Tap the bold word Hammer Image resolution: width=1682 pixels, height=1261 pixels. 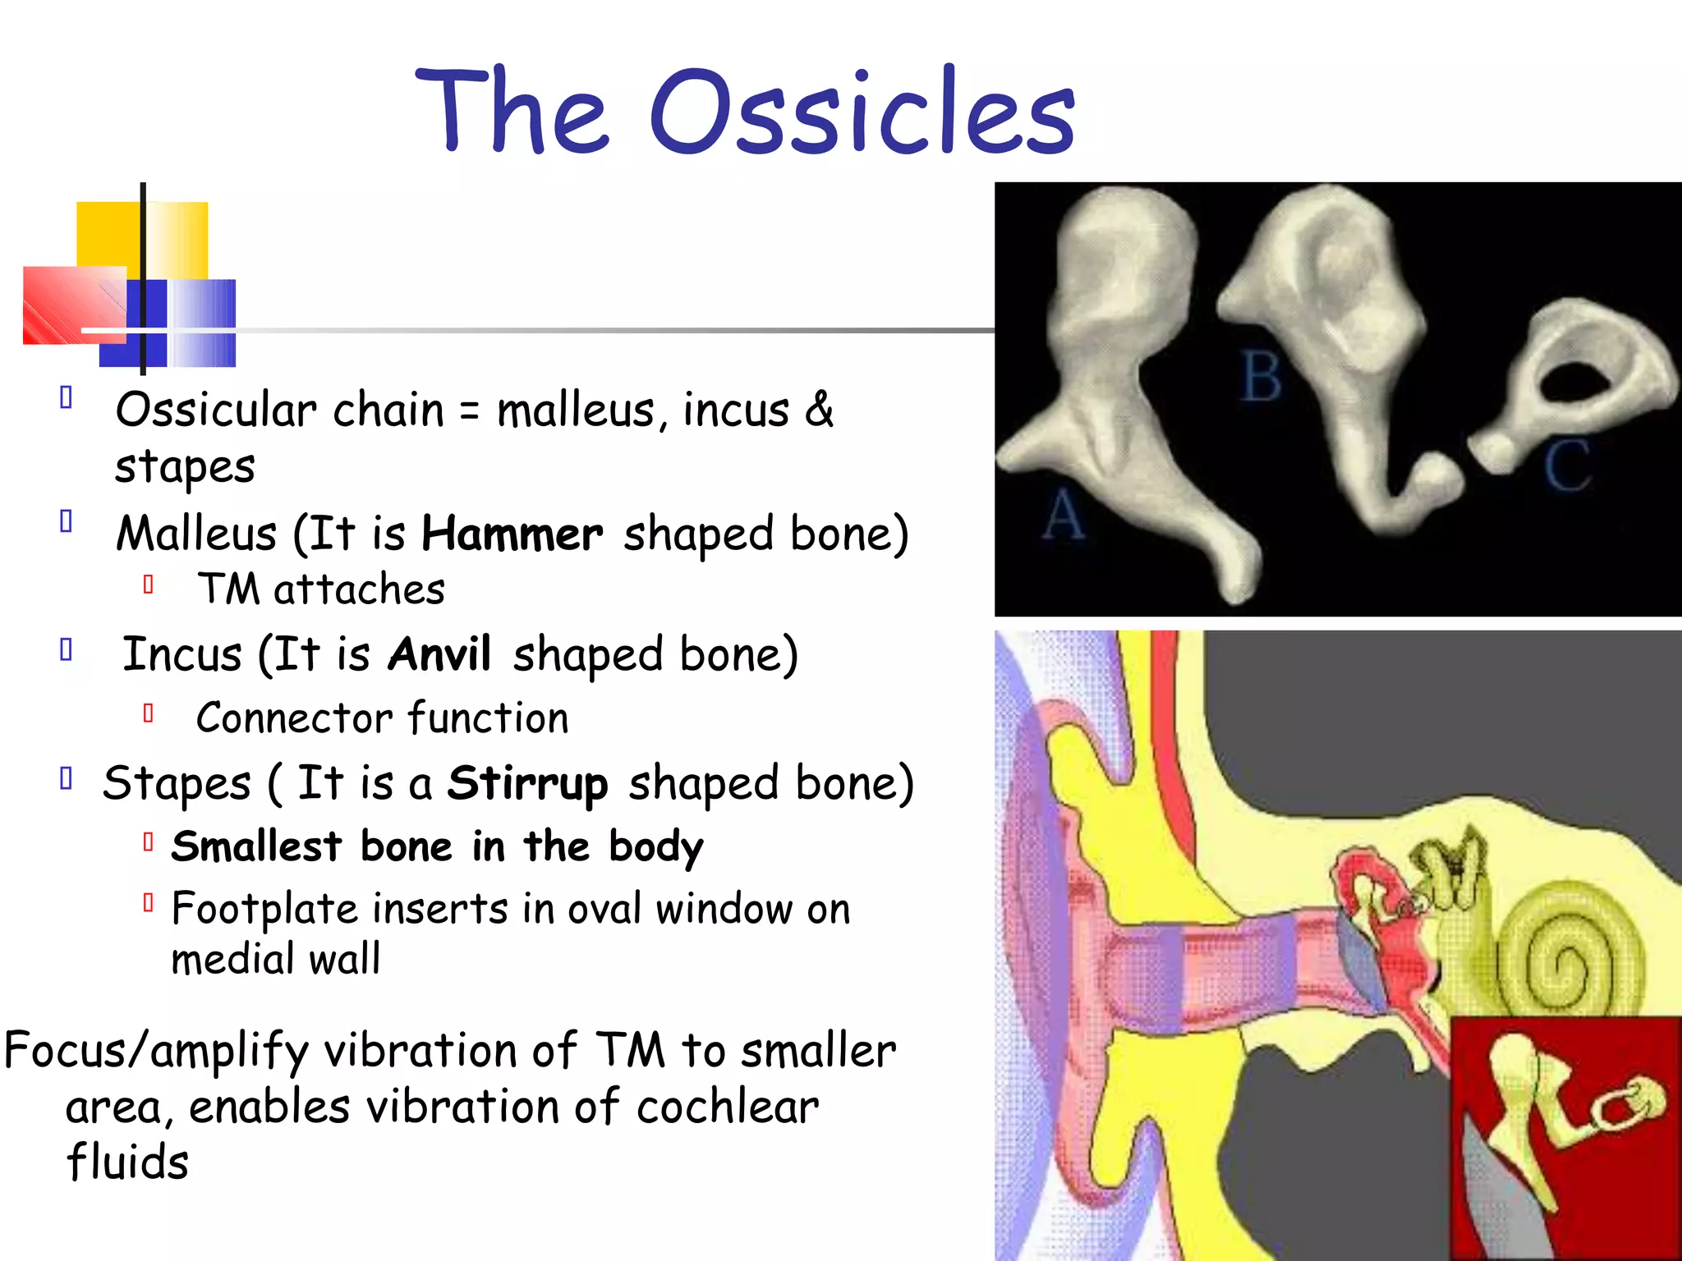coord(512,534)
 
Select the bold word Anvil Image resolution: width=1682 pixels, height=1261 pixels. coord(439,655)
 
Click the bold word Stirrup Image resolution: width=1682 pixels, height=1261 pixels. coord(527,783)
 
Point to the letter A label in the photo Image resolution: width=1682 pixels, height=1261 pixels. coord(1064,516)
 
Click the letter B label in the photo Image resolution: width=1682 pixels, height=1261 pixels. coord(1261,377)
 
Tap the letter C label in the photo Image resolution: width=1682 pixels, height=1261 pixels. coord(1566,465)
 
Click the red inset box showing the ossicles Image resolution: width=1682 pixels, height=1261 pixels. coord(1565,1137)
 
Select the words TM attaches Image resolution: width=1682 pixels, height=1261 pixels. coord(321,589)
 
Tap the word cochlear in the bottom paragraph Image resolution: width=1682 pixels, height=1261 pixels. coord(727,1107)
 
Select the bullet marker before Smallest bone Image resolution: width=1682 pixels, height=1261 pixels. coord(148,842)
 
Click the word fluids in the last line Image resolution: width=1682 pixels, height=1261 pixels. coord(127,1162)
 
